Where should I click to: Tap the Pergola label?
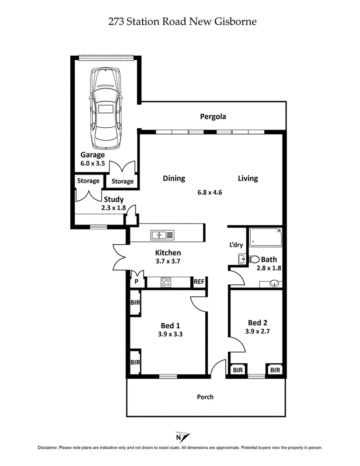(213, 117)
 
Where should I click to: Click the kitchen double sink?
(158, 234)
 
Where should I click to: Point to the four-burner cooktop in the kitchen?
(166, 282)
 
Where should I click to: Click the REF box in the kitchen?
(199, 282)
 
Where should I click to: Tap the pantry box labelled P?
(136, 282)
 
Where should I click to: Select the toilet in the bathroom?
(254, 259)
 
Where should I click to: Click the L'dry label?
(236, 245)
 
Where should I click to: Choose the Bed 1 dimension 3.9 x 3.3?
(170, 334)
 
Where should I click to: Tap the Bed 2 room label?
(258, 323)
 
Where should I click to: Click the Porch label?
(205, 397)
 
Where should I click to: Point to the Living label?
(247, 179)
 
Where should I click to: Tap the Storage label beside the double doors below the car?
(122, 181)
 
